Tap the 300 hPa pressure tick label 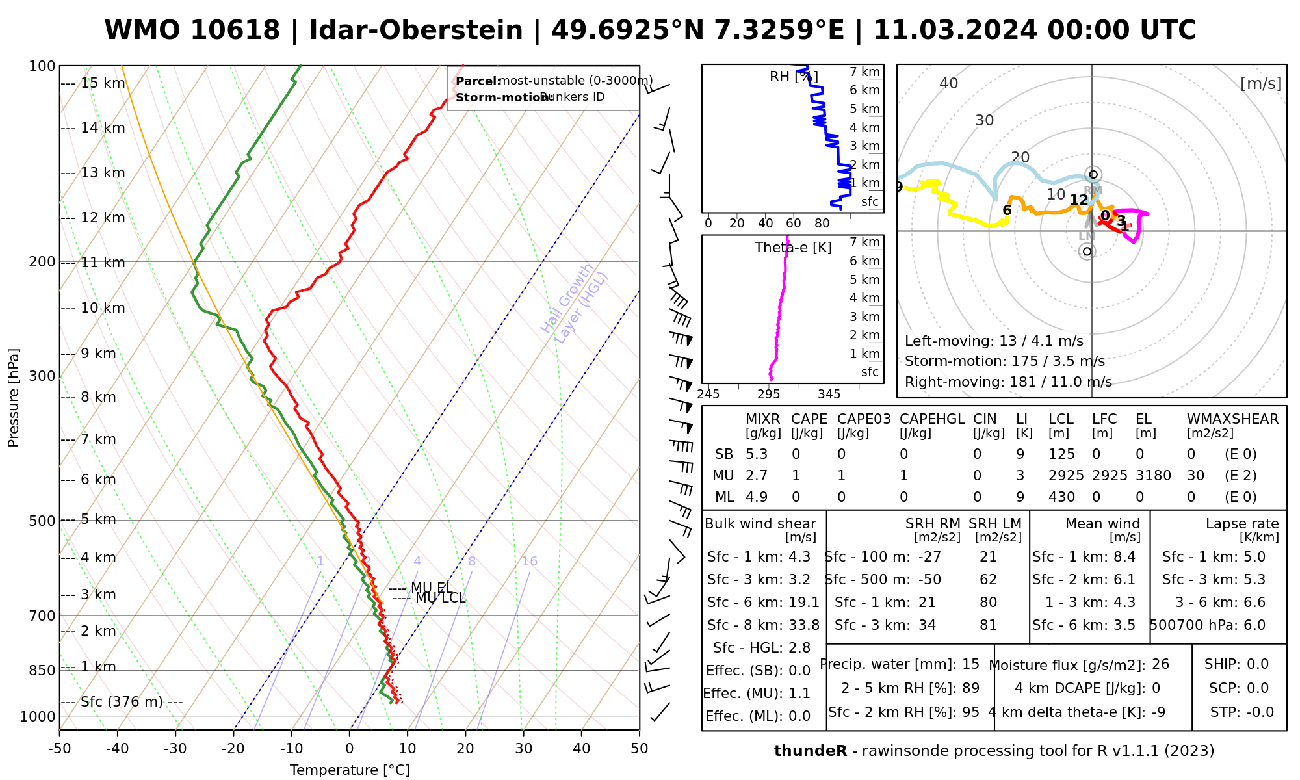click(x=44, y=376)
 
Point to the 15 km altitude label click(x=103, y=83)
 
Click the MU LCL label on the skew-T click(x=440, y=598)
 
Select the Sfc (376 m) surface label click(x=123, y=702)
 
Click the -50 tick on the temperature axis click(x=59, y=749)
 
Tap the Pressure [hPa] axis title click(x=14, y=398)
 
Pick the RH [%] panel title click(x=794, y=77)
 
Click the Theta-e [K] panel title click(x=793, y=248)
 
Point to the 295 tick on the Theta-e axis click(x=769, y=395)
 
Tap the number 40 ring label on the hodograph click(x=949, y=83)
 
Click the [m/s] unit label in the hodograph click(x=1261, y=83)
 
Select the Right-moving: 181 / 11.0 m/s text click(x=1008, y=382)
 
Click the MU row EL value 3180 click(x=1153, y=476)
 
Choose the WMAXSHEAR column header click(x=1232, y=419)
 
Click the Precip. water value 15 click(x=970, y=664)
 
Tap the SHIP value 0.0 click(x=1258, y=664)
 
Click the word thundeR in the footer click(x=811, y=751)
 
